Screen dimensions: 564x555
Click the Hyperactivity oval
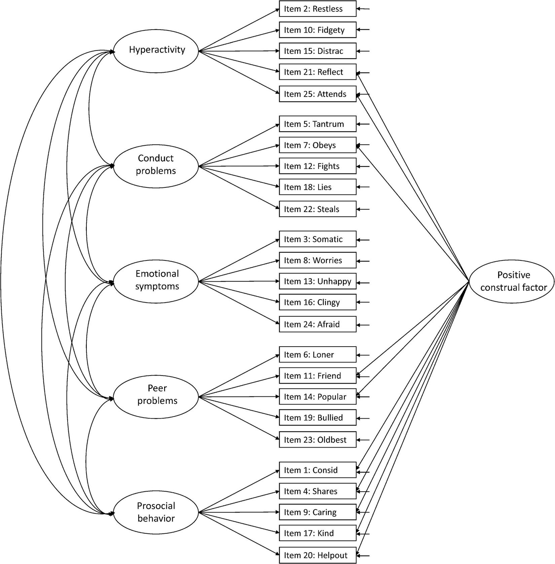point(156,50)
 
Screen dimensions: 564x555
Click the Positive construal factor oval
point(511,281)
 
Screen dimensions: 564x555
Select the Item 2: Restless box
point(317,9)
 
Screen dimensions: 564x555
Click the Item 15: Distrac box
point(317,51)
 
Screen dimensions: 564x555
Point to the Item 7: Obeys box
point(317,145)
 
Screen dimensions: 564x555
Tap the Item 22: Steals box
point(317,209)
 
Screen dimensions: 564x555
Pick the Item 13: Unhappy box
point(317,281)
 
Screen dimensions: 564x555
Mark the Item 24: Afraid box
point(317,324)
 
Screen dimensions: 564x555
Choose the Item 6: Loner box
point(317,355)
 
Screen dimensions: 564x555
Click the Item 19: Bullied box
point(317,418)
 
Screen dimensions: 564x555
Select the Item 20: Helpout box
point(317,555)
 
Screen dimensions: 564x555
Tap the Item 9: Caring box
point(317,512)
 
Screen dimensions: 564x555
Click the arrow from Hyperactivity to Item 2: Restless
point(239,30)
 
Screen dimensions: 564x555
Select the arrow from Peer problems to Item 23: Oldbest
point(239,418)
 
